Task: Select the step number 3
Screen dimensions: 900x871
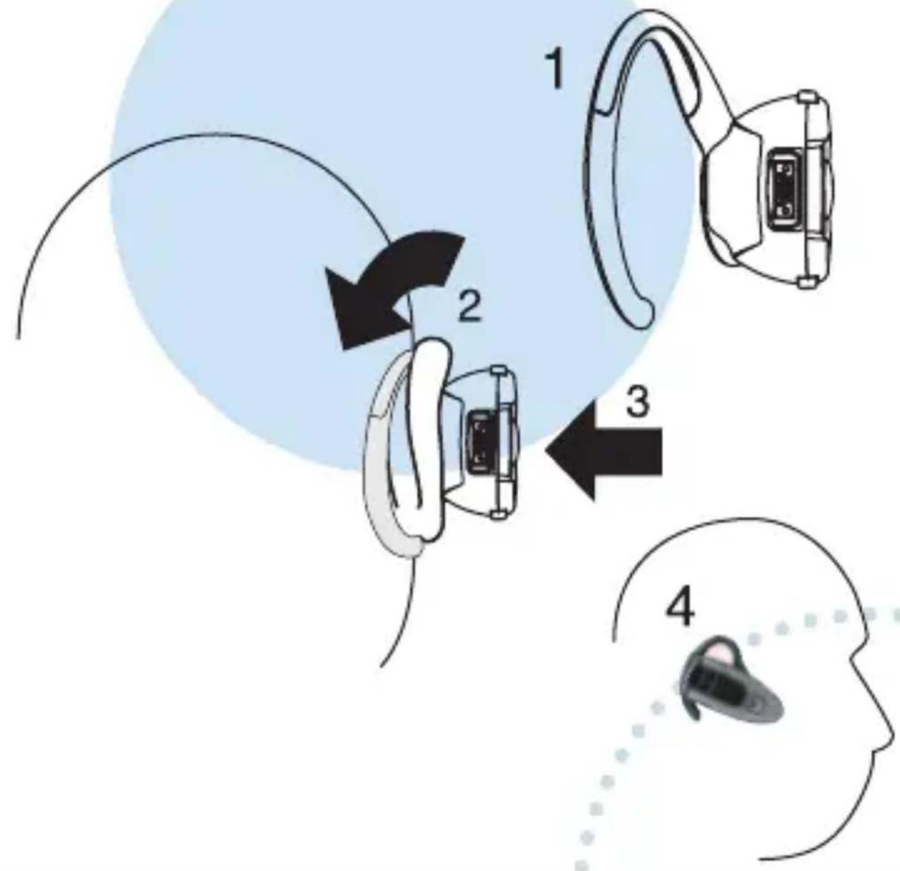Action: point(638,402)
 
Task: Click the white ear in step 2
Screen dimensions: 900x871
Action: point(428,439)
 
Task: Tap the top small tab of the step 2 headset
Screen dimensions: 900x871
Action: point(498,370)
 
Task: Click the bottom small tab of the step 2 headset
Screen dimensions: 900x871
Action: point(498,514)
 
